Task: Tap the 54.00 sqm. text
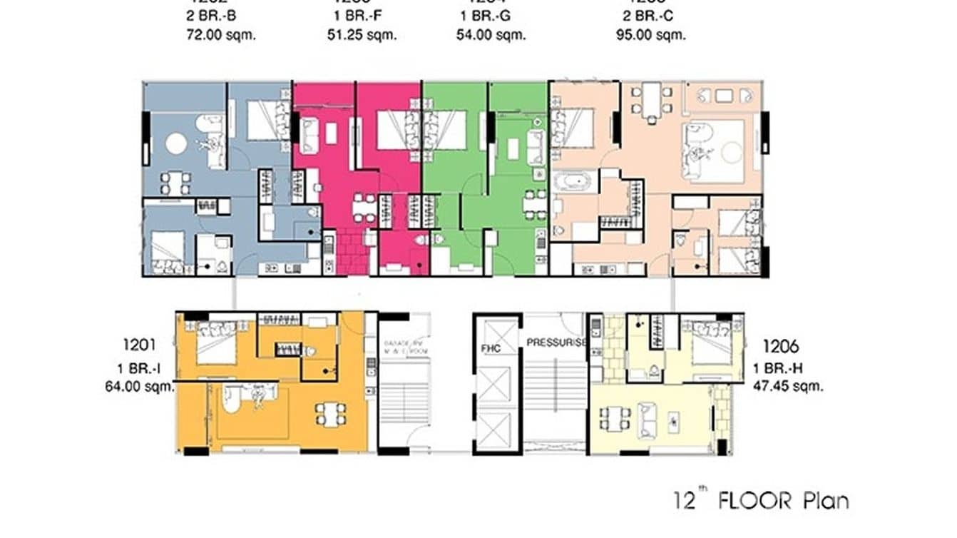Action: [x=491, y=34]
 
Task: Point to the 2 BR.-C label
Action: [x=650, y=14]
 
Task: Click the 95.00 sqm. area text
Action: [x=650, y=34]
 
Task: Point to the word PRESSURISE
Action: [x=556, y=342]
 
